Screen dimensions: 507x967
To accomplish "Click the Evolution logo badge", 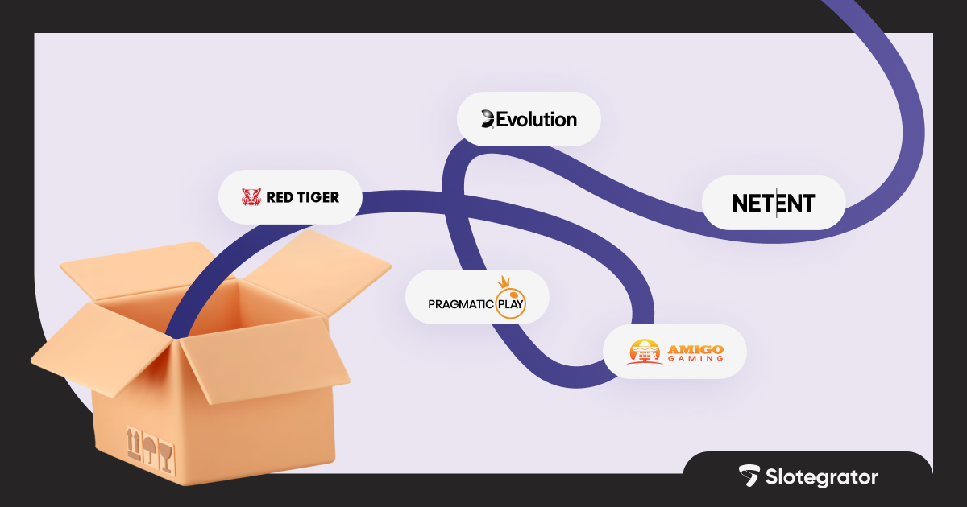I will (x=529, y=119).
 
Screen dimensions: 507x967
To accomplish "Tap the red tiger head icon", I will (x=251, y=197).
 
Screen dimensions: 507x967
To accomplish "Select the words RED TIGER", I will (x=302, y=197).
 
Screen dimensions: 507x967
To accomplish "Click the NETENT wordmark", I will (x=774, y=204).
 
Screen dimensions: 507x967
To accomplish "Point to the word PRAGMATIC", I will (x=460, y=305).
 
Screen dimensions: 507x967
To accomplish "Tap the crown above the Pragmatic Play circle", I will (x=506, y=282).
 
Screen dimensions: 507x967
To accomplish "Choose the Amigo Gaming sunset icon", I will (x=644, y=352).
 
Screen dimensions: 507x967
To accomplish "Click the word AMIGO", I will (x=695, y=348).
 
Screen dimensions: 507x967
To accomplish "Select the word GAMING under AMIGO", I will (x=695, y=360).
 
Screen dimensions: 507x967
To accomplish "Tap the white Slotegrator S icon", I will (x=749, y=476).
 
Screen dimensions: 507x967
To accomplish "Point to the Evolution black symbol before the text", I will (x=488, y=120).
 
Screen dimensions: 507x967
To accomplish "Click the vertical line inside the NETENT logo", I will (x=777, y=204).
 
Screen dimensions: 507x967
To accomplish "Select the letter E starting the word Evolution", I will (x=502, y=120).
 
